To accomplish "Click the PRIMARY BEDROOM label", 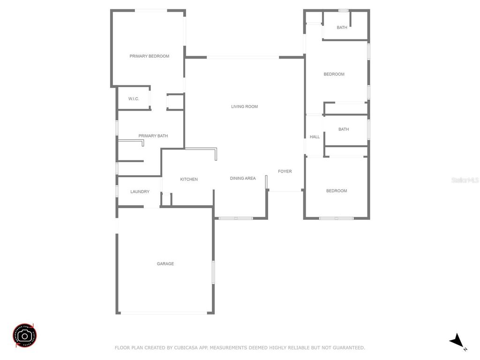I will pos(149,56).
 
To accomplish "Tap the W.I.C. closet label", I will pos(134,99).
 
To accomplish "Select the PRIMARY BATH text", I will pos(153,136).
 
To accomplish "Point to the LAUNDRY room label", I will pos(140,192).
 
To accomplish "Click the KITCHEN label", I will pos(189,180).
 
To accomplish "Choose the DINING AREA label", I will pos(243,178).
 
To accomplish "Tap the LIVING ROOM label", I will pos(244,107).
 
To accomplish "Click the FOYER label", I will pos(285,172).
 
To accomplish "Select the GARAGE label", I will pos(165,264).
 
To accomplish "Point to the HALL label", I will pos(315,137).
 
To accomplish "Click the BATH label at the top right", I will pos(342,28).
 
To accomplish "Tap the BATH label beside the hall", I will pos(344,129).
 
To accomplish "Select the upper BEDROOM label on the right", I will pos(334,74).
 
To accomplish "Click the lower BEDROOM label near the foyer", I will pos(336,191).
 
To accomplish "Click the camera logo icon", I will pos(25,336).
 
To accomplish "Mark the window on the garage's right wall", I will pos(213,272).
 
